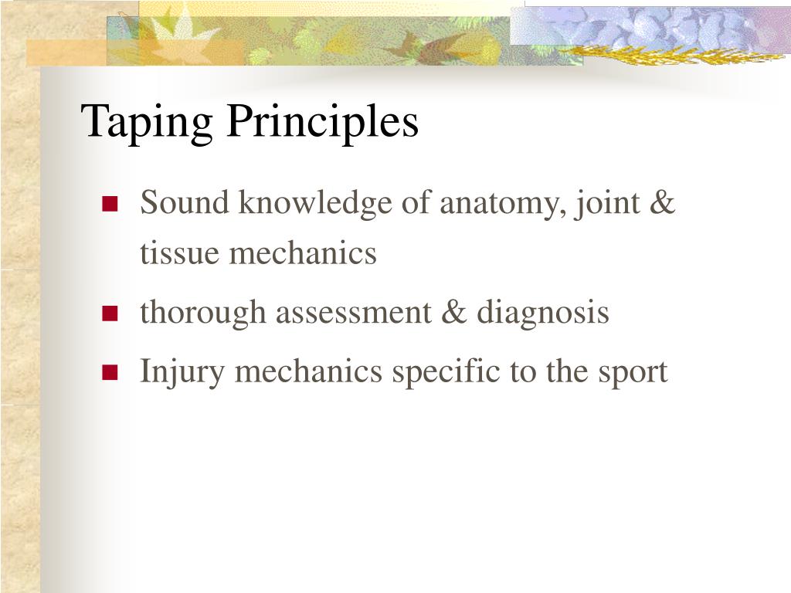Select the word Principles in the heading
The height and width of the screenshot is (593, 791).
(322, 122)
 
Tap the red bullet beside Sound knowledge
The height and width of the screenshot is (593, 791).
(109, 205)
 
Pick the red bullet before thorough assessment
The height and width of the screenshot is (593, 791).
(109, 313)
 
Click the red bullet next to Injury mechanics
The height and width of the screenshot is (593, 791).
(109, 373)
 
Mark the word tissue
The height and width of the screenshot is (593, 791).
(177, 253)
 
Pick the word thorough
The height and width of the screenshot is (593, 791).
(203, 313)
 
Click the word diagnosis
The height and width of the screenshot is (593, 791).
(542, 313)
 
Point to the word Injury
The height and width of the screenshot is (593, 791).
(182, 372)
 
